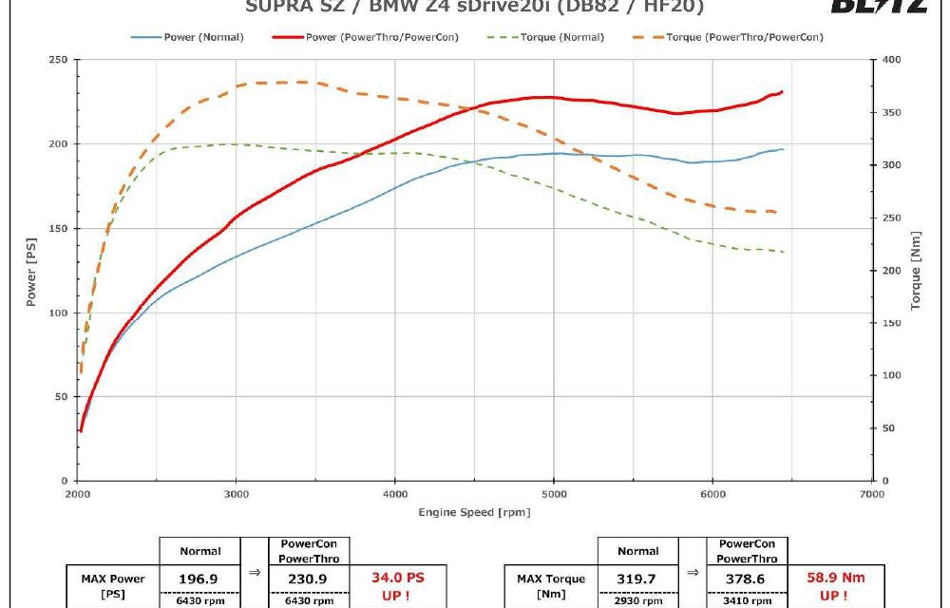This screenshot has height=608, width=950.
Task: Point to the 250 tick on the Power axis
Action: [x=58, y=60]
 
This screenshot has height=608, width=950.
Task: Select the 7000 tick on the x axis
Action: [x=871, y=494]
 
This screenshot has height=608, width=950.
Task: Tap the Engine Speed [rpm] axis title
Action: [x=475, y=513]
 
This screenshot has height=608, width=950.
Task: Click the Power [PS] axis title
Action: [x=30, y=271]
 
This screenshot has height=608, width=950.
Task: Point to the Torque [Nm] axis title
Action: [x=917, y=271]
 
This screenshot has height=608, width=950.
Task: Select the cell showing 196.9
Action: [x=200, y=579]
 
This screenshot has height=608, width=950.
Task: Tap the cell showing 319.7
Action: [x=637, y=579]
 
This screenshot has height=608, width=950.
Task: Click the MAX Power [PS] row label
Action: [x=112, y=585]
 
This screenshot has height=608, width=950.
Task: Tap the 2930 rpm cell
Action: [x=637, y=600]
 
